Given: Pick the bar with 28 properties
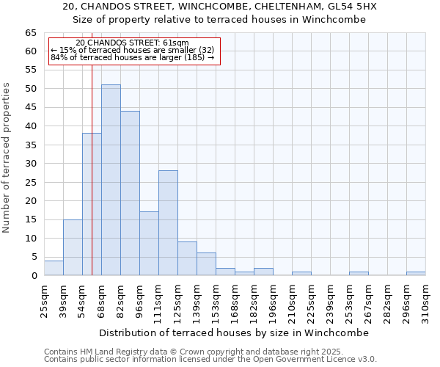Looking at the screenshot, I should (168, 223).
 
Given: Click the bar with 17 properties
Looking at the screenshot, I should (149, 244).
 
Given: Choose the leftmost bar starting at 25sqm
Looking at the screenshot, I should (54, 268).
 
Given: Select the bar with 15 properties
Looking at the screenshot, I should (73, 247).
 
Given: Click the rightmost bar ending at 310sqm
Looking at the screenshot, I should (416, 274).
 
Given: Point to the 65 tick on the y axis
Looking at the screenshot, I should (30, 33).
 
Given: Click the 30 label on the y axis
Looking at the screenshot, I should (30, 164).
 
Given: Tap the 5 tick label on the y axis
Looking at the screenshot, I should (33, 257).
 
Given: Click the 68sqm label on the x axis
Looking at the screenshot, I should (101, 299).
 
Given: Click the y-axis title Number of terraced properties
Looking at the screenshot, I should (7, 158).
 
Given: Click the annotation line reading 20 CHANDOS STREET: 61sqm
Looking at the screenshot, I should (132, 43).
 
